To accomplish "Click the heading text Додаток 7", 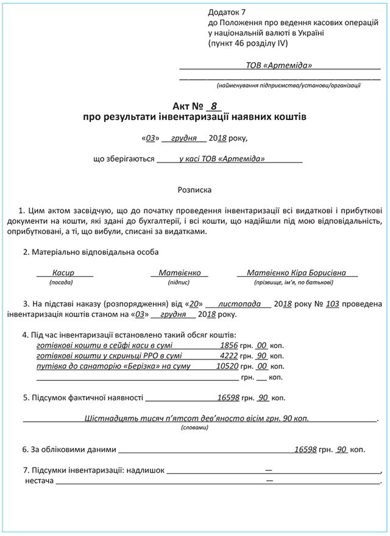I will [x=226, y=12].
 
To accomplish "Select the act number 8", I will [x=213, y=105].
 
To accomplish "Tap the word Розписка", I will [x=194, y=190].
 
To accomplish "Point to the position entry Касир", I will [x=63, y=273].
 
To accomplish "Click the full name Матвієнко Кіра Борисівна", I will [x=297, y=273].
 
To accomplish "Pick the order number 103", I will [x=332, y=304].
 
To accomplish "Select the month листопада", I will [x=239, y=304].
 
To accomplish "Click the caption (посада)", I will [x=61, y=282].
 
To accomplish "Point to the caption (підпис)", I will [x=179, y=282].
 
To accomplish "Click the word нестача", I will [x=39, y=481].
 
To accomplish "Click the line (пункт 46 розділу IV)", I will [x=247, y=43].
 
